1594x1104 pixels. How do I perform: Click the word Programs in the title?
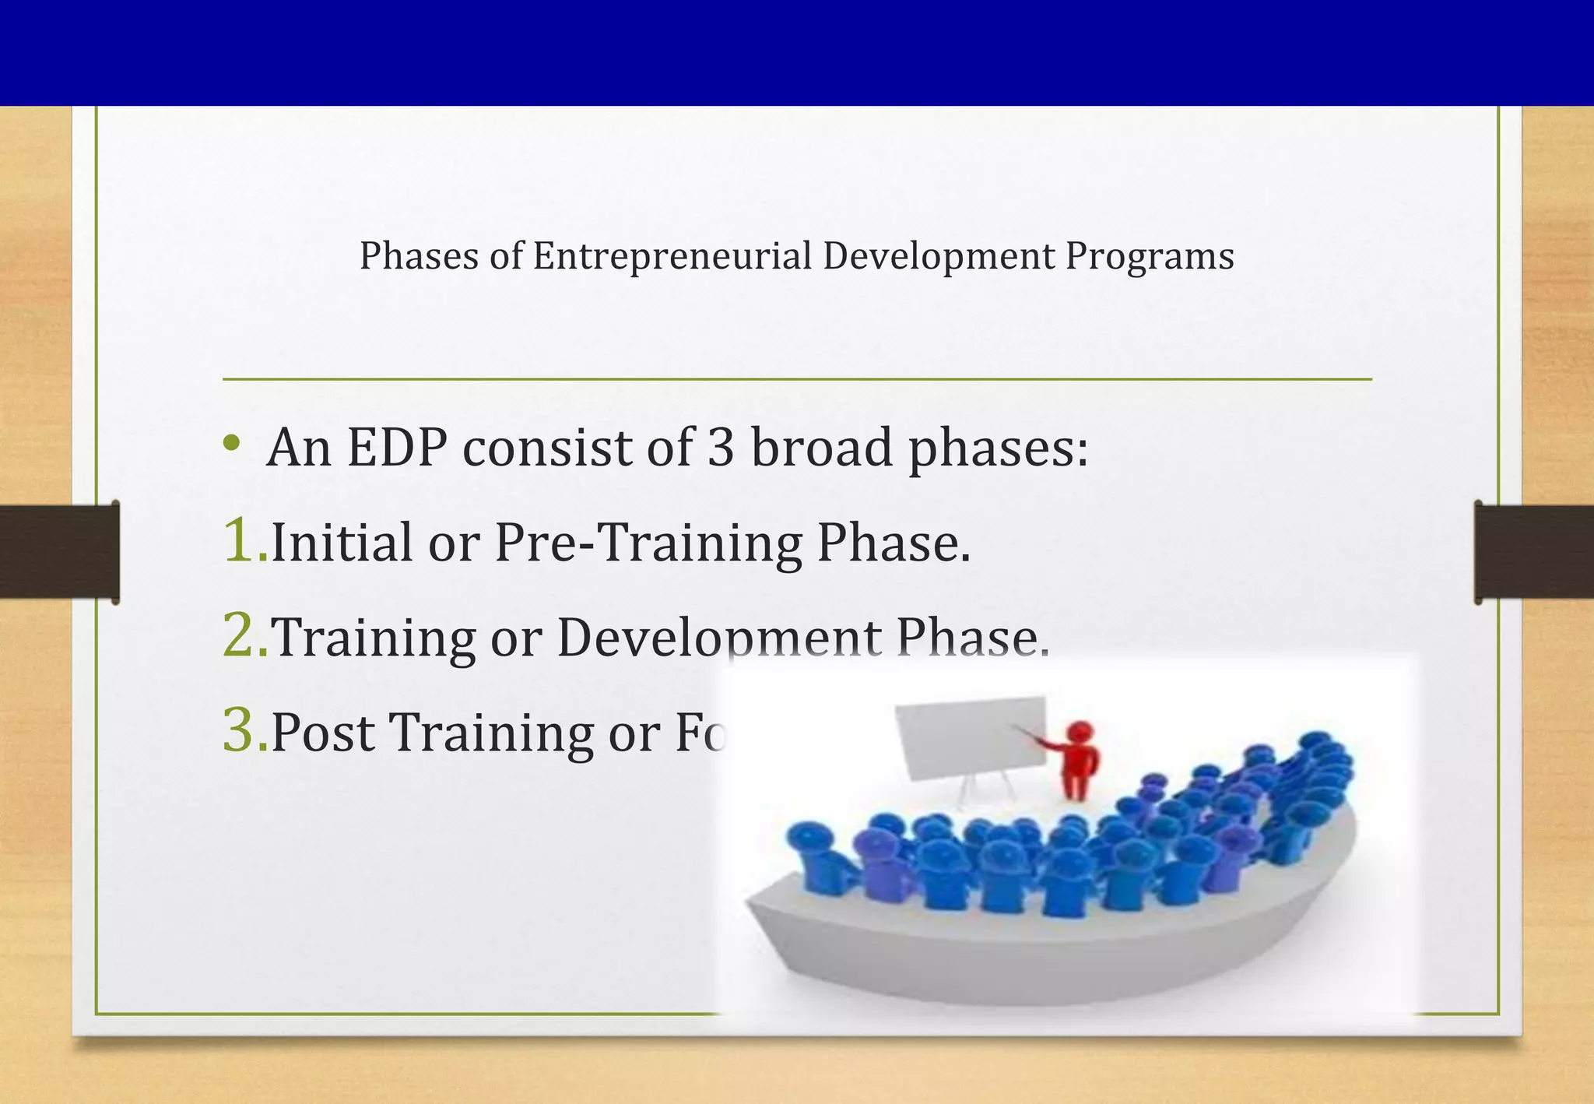click(x=1150, y=256)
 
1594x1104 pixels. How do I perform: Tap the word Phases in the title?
click(x=418, y=256)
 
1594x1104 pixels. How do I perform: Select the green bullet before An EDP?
click(x=230, y=444)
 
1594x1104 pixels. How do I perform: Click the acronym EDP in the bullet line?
click(x=397, y=448)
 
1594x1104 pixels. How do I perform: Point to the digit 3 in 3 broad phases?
click(x=721, y=448)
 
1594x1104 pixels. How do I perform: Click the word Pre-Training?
click(x=648, y=543)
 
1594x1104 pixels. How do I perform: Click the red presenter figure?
click(x=1078, y=759)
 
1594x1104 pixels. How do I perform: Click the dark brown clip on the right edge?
click(x=1533, y=551)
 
